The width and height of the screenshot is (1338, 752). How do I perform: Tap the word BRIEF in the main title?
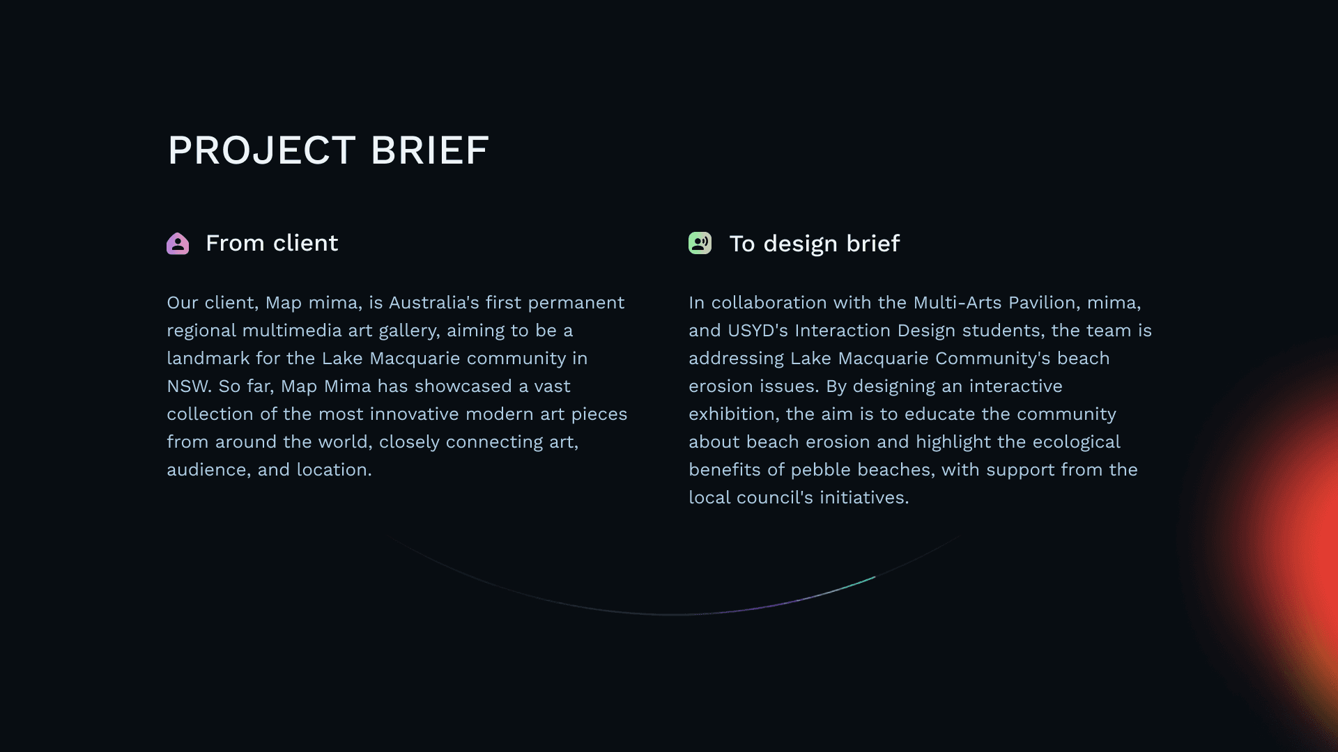pos(430,150)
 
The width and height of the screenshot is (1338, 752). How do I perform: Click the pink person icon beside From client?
pos(178,244)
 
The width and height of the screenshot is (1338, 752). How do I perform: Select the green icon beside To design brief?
pos(700,243)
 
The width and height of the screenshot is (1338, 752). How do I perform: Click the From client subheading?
pos(272,243)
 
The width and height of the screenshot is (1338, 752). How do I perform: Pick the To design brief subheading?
pos(815,244)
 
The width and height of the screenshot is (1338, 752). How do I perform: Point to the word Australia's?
pos(434,303)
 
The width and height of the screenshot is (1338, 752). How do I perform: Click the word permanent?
pos(576,304)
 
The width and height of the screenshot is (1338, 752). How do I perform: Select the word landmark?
pos(208,359)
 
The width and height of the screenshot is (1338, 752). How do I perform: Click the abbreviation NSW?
pos(189,386)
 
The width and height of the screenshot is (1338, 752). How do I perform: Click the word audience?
pos(208,470)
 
